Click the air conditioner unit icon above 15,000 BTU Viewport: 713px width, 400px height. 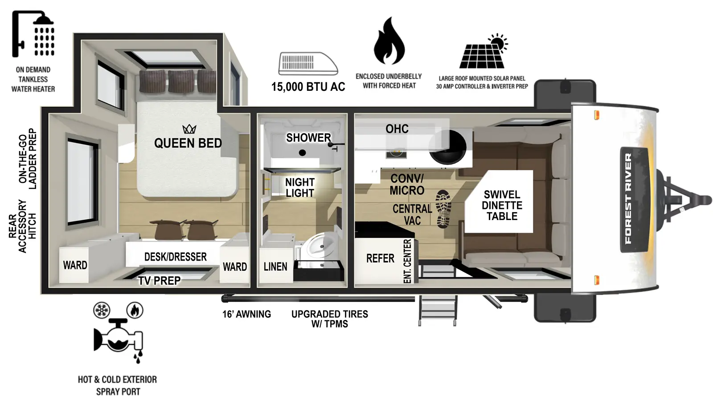307,63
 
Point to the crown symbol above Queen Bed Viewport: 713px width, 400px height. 189,129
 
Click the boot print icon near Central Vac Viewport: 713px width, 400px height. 443,209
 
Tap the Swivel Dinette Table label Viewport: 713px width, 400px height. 502,205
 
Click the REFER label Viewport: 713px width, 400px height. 380,258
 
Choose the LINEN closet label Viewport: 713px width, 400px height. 275,267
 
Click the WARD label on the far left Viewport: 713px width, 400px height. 75,265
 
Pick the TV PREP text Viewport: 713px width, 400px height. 159,281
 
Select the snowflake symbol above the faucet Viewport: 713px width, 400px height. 102,310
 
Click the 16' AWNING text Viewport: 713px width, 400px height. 246,314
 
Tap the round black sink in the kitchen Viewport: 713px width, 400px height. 447,147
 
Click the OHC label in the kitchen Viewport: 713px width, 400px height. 397,129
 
